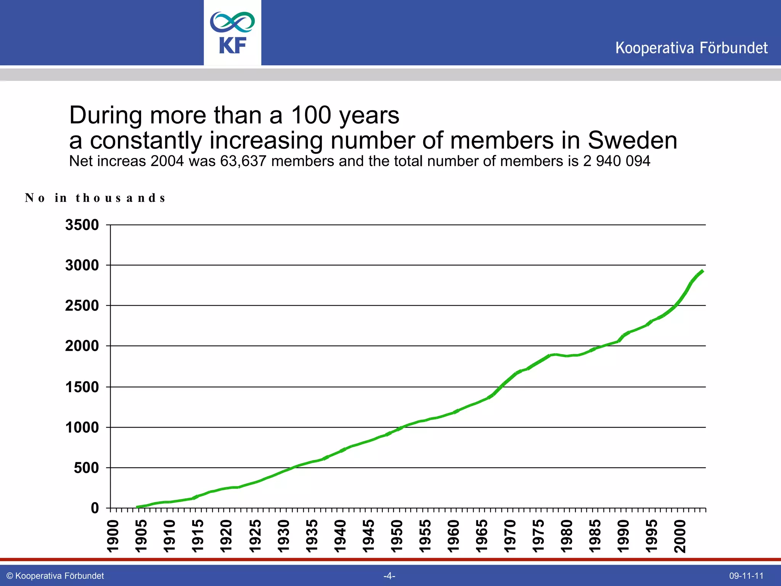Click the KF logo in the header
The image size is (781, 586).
(232, 33)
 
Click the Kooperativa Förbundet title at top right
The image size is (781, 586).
(691, 48)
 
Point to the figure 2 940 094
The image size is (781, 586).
(616, 161)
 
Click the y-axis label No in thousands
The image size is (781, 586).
(95, 198)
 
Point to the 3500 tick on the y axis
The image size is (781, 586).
(82, 225)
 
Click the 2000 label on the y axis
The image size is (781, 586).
(82, 346)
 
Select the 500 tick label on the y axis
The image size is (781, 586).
(86, 468)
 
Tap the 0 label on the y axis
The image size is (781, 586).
(95, 508)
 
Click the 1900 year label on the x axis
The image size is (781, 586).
(113, 536)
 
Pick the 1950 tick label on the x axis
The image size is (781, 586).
(397, 536)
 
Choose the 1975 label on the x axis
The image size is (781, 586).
(538, 536)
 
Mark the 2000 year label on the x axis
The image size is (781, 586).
(680, 536)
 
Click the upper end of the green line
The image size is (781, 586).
(702, 271)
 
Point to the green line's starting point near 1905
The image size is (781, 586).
(137, 507)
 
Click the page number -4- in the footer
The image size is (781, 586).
(389, 576)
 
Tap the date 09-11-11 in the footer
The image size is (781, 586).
(746, 576)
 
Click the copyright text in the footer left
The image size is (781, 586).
(55, 576)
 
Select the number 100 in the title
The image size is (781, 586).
(311, 115)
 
